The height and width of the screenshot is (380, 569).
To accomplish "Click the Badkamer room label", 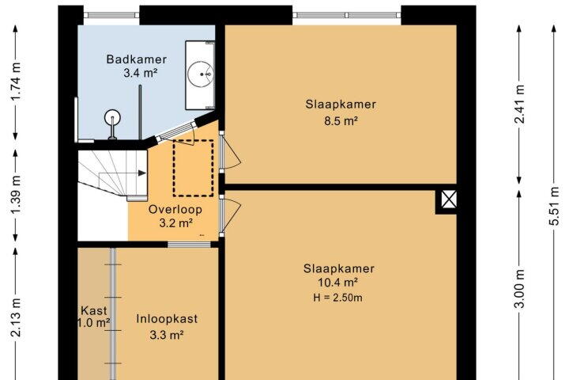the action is (137, 59).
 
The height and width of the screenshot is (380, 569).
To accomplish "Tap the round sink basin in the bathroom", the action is (200, 74).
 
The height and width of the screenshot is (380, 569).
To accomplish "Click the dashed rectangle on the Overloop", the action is (193, 168).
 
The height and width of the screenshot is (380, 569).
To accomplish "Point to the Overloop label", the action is (175, 210).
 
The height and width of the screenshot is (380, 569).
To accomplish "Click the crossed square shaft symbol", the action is (449, 199).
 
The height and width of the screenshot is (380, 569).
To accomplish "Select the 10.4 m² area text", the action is (338, 282).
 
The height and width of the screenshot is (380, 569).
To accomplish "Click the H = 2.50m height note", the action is (338, 298).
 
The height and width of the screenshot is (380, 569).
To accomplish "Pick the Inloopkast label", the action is (167, 319).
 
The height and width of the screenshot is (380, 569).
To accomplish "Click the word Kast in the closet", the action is (93, 310).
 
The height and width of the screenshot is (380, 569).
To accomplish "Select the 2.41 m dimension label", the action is (519, 104).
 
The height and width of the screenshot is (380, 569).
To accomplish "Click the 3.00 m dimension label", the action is (519, 288).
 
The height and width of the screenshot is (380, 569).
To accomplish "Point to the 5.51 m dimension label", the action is (554, 206).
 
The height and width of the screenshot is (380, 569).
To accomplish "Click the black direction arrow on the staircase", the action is (142, 173).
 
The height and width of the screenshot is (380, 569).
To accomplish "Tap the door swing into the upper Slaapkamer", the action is (232, 152).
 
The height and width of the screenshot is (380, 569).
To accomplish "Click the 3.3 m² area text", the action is (166, 335).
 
